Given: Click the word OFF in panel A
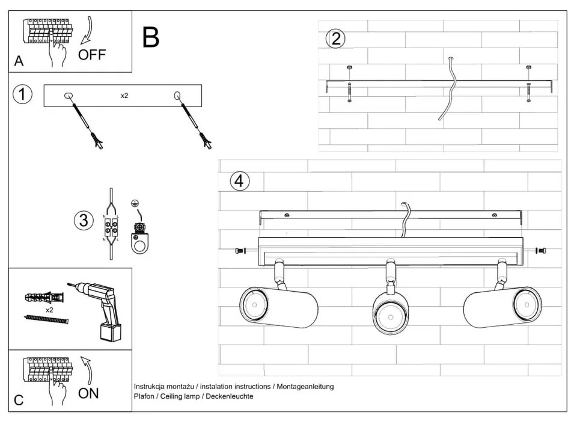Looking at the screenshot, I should point(91,55).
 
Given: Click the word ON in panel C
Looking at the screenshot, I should point(88,394).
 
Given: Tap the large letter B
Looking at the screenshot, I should point(151,37).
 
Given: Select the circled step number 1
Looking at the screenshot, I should point(22,95).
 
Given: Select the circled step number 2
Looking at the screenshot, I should point(335,38).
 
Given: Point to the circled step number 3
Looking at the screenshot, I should point(84,220).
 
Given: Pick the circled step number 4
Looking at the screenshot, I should point(240,180).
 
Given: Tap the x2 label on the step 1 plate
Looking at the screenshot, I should point(124,96).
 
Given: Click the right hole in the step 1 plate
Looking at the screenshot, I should point(177,96).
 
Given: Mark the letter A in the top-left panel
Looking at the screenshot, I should point(19,61).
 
